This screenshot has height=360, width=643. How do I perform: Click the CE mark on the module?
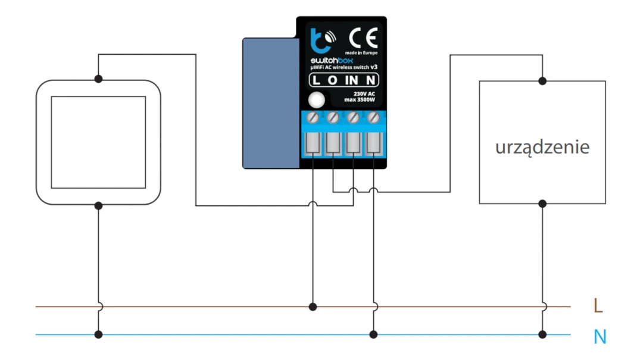pos(361,40)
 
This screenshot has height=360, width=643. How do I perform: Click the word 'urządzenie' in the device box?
pos(542,147)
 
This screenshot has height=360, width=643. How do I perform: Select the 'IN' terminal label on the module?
pos(354,81)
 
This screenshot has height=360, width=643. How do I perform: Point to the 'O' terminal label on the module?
pos(333,81)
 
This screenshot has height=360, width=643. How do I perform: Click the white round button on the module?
pos(318,100)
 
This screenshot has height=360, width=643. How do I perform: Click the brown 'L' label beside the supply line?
pos(598,306)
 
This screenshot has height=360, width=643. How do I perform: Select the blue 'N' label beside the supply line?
pos(600,337)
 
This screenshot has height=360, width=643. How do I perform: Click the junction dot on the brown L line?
pos(313,307)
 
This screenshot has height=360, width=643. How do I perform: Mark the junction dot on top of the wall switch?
pos(99,79)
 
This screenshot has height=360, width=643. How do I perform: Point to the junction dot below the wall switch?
pos(99,205)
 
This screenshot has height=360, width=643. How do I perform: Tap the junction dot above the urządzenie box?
pos(542,79)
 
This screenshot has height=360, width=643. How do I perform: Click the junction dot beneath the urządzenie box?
pos(542,204)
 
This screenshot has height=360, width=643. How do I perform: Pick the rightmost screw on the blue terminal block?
pos(373,117)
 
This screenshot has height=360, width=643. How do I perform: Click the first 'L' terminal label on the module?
pos(316,81)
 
